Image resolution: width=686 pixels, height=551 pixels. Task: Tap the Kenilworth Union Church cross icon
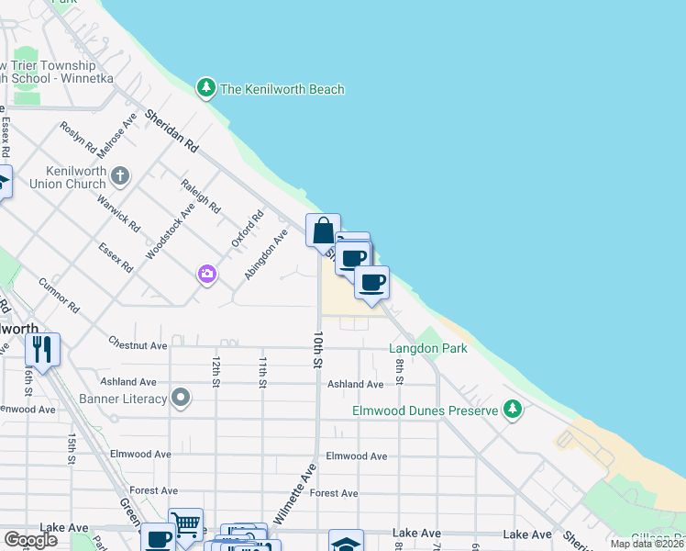(120, 175)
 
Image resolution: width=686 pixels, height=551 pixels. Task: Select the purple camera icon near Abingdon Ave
(207, 274)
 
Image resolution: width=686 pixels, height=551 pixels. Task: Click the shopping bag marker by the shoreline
(323, 231)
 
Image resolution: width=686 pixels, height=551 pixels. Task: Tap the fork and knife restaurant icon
(42, 348)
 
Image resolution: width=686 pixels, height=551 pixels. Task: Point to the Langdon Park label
(427, 348)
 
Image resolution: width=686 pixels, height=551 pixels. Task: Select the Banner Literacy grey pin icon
(182, 399)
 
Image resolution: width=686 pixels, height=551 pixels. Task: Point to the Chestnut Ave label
(138, 346)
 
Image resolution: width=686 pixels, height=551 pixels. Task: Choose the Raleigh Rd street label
(201, 196)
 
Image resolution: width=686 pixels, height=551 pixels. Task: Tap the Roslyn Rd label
(78, 138)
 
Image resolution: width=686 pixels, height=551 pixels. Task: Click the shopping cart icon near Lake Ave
(186, 524)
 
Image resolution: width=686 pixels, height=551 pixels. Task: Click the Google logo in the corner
(31, 540)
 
